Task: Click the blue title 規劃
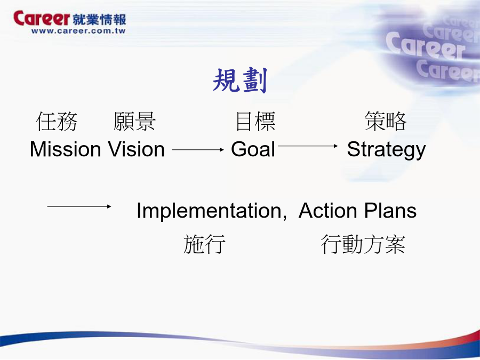coord(240,80)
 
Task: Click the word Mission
coord(65,149)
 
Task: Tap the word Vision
coord(137,149)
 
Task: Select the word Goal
coord(253,149)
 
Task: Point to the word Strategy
coord(386,150)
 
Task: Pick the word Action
coord(327,211)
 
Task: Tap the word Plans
coord(390,211)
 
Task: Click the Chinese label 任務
coord(57,122)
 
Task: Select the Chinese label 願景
coord(134,122)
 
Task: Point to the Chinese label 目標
coord(255,122)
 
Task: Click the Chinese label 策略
coord(386,121)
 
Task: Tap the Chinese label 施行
coord(204,244)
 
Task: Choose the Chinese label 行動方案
coord(363,244)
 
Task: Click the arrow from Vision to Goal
coord(198,150)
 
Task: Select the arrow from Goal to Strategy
coord(308,146)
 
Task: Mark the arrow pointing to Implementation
coord(79,206)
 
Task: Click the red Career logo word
coord(42,18)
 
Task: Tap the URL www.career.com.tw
coord(79,31)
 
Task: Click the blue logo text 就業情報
coord(100,20)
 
